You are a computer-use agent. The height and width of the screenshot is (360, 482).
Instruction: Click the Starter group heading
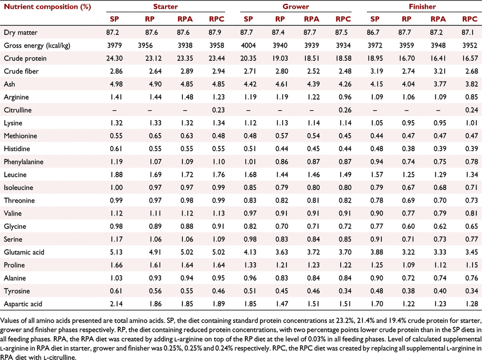166,7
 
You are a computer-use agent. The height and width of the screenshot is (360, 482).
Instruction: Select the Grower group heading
296,7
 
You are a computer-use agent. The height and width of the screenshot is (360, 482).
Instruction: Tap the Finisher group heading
422,7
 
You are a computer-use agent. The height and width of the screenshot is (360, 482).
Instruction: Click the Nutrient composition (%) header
47,7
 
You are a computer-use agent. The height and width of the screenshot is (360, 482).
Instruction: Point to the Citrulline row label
18,110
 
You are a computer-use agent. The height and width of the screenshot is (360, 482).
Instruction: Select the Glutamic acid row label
24,252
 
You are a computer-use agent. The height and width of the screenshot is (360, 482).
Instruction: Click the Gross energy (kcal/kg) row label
37,46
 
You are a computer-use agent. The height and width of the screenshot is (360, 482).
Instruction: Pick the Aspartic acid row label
23,304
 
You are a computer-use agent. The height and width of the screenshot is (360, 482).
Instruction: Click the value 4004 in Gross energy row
248,45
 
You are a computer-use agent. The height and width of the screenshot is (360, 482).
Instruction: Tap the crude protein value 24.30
114,58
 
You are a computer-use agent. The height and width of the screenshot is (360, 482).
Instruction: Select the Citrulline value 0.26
345,110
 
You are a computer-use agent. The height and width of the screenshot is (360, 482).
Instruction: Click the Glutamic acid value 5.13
116,252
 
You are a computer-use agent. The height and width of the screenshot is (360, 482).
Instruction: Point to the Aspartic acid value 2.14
116,304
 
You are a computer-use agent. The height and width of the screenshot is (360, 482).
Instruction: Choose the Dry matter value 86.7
373,33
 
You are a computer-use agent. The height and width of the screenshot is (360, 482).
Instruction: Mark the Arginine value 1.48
187,97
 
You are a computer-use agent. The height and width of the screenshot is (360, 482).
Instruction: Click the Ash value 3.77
440,84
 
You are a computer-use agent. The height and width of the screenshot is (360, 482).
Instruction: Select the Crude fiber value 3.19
377,71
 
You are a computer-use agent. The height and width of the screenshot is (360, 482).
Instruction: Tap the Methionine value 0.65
155,136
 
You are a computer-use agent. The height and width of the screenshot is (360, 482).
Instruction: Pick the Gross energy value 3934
343,45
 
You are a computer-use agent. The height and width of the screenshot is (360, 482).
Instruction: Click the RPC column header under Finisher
470,19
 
